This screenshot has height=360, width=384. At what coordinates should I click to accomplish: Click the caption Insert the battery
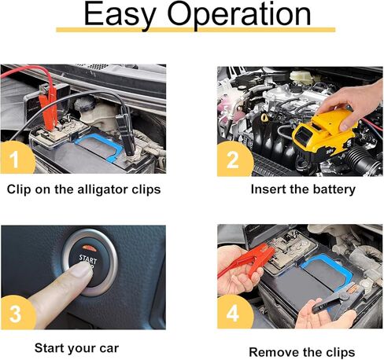coord(303,189)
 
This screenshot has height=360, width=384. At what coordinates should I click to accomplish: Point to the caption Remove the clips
coord(301,351)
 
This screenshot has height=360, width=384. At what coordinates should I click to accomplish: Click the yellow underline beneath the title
coord(191,30)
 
